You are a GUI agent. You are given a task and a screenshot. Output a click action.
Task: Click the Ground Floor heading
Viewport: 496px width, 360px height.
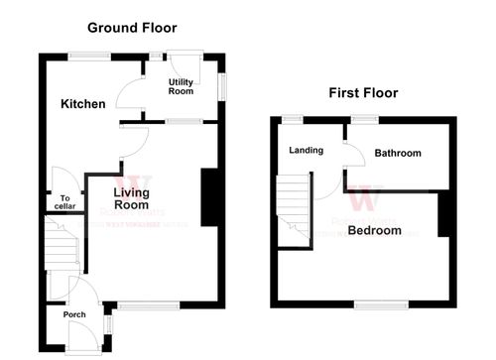click(x=132, y=28)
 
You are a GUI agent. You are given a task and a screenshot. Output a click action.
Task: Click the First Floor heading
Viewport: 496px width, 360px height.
click(x=363, y=93)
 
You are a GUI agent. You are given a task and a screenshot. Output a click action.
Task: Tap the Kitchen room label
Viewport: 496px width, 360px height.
click(x=82, y=104)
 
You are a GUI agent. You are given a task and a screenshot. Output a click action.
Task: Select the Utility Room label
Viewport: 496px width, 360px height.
click(x=181, y=86)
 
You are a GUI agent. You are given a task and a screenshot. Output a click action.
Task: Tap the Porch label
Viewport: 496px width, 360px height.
click(x=73, y=314)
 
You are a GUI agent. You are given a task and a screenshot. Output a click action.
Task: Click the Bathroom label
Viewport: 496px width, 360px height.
click(x=398, y=153)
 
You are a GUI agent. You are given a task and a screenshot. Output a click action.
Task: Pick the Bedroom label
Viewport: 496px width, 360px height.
click(x=375, y=230)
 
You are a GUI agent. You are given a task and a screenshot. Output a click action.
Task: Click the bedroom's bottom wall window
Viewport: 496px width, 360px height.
click(x=381, y=301)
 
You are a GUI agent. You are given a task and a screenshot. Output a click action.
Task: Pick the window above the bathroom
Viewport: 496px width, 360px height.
click(x=363, y=119)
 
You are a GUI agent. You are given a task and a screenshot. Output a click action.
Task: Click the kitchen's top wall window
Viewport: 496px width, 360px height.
click(x=89, y=56)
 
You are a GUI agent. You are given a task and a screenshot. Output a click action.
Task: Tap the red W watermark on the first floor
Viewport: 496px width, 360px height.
click(x=363, y=198)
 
